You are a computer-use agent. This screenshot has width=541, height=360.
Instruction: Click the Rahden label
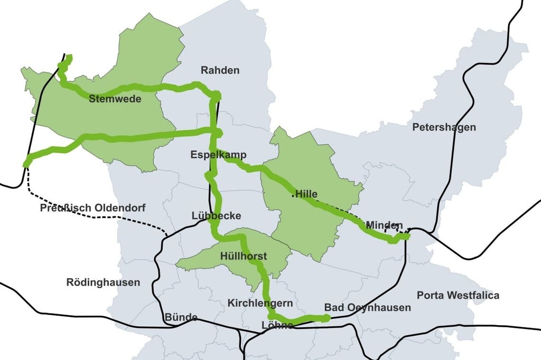point(220,70)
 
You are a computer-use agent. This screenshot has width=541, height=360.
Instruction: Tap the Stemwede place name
point(115,99)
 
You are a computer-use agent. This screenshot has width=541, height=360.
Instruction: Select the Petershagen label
point(444,127)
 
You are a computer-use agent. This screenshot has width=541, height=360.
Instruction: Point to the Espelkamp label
point(219,155)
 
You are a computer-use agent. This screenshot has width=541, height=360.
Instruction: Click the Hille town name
point(307,194)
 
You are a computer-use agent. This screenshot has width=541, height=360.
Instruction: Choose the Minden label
point(384,225)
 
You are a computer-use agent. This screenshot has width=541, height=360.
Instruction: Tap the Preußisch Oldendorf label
point(92,208)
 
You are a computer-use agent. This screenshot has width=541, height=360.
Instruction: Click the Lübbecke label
point(217,216)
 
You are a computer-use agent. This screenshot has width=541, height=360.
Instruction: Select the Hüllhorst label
point(244,257)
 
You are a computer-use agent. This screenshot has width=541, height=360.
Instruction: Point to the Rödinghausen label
point(103,282)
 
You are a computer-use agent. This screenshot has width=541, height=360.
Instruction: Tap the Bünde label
point(181,317)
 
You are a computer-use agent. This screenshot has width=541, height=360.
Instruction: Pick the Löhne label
point(277,326)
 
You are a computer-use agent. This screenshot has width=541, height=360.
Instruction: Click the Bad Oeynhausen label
point(367,307)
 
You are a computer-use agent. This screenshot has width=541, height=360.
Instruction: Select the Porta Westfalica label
point(458,295)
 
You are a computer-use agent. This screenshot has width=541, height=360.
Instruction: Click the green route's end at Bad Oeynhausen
point(327,318)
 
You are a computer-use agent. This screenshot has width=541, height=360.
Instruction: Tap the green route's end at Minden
point(406,236)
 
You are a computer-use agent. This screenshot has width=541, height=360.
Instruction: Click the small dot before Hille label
point(293,197)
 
